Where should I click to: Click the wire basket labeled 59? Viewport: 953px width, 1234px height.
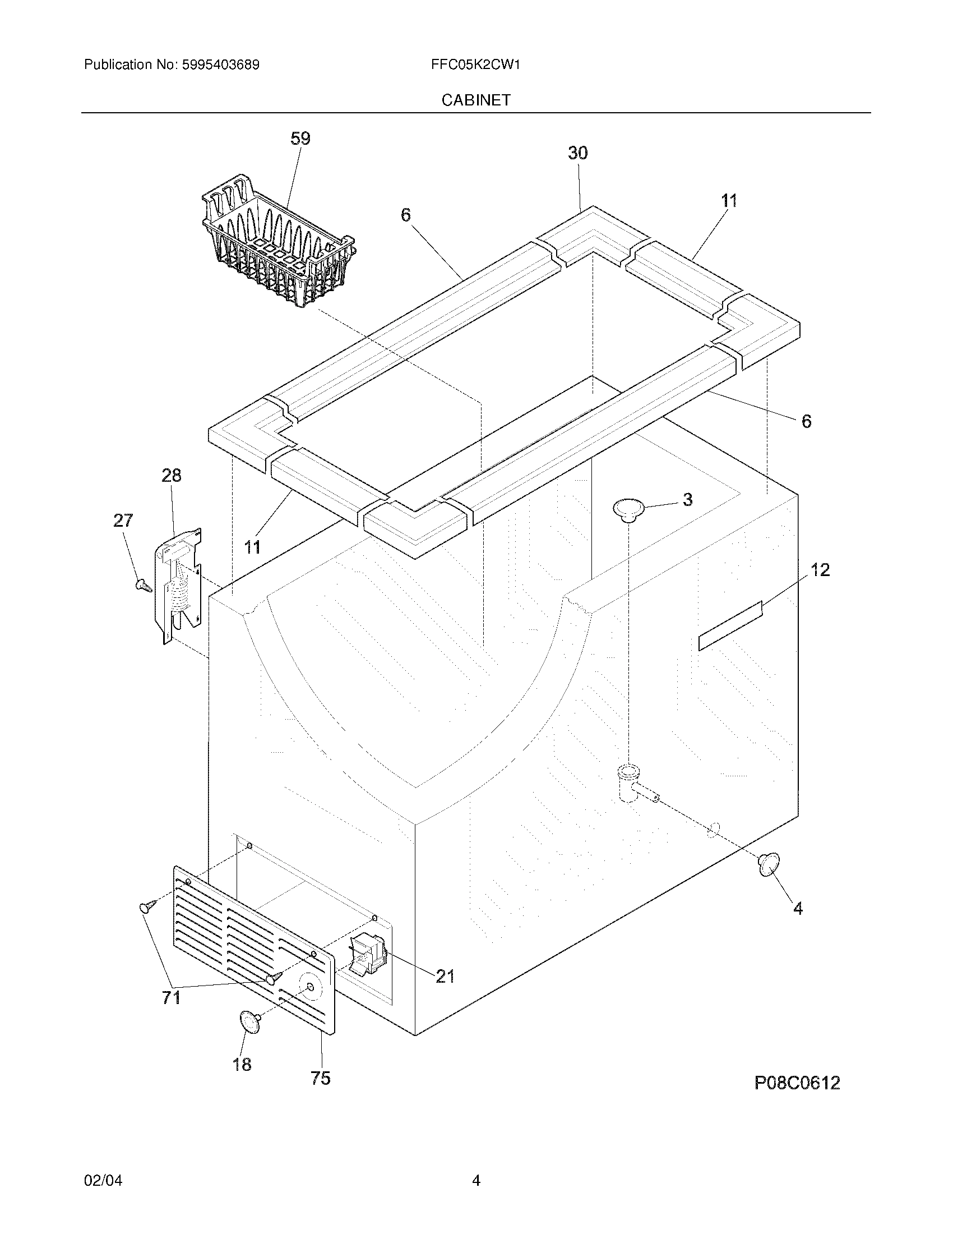pyautogui.click(x=276, y=243)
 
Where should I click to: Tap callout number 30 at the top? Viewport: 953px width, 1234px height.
pyautogui.click(x=577, y=153)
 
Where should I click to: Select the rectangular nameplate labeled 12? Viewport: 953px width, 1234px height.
pyautogui.click(x=730, y=626)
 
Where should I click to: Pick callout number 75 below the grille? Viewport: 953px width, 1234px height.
pyautogui.click(x=320, y=1078)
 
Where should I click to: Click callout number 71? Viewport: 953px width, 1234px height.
pyautogui.click(x=171, y=998)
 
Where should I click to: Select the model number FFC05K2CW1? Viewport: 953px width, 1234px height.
pyautogui.click(x=475, y=65)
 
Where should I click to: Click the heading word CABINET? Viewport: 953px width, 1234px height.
pyautogui.click(x=475, y=100)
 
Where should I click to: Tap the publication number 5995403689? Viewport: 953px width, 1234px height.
pyautogui.click(x=220, y=65)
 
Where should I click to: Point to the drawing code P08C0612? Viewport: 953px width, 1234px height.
pyautogui.click(x=797, y=1083)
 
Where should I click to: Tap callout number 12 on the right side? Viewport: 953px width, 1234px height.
pyautogui.click(x=820, y=570)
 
